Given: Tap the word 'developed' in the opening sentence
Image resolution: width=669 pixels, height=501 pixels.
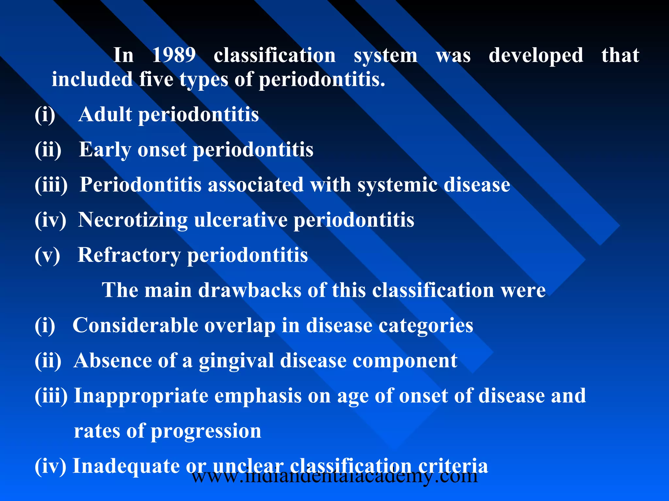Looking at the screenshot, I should coord(536,55).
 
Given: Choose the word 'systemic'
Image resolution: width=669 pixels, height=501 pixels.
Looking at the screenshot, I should coord(397,185).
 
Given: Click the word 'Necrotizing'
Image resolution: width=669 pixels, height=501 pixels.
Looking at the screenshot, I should coord(133,220).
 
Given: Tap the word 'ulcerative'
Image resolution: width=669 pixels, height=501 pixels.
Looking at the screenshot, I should coord(241,220).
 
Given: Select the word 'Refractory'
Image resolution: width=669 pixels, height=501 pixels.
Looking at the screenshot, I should coord(129,255).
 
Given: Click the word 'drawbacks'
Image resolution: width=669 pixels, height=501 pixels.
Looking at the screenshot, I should coord(250,290).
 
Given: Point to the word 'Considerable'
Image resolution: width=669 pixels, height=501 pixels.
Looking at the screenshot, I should coord(135,325).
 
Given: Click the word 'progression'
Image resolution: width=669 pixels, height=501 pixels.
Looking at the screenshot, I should coord(206,431).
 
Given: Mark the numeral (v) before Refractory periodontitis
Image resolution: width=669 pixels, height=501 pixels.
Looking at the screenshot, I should coord(47,255).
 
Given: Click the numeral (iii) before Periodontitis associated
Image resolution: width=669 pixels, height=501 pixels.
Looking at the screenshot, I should coord(51,185).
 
